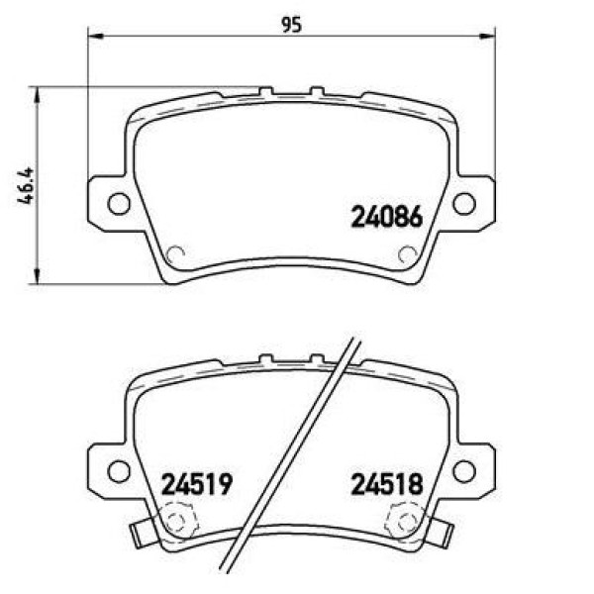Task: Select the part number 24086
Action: [x=387, y=216]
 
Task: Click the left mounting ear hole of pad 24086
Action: [x=118, y=204]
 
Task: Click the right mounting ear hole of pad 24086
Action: [x=463, y=204]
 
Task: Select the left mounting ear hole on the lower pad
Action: [x=118, y=470]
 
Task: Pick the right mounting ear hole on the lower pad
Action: [x=463, y=470]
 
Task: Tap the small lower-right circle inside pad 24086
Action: [x=406, y=253]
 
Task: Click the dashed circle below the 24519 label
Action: [x=176, y=519]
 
